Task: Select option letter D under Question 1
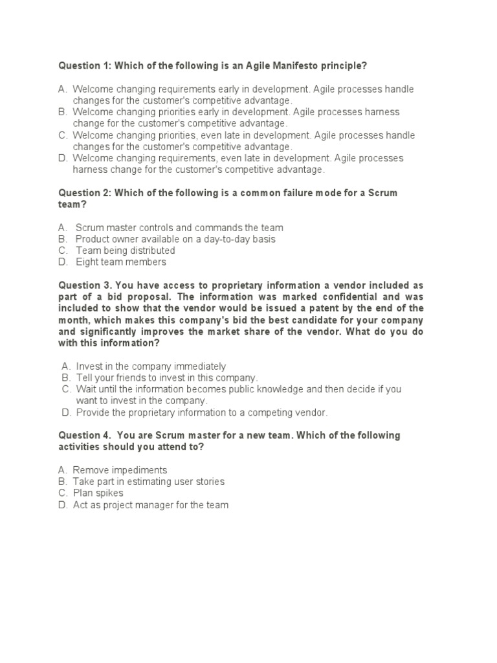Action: (x=63, y=158)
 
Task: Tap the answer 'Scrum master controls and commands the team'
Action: (x=179, y=227)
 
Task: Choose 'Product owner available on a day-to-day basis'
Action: (x=175, y=239)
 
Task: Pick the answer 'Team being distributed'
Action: (x=126, y=251)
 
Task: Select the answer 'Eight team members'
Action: (x=121, y=262)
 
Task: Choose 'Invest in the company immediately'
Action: (x=151, y=366)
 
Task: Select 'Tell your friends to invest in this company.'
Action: (x=167, y=377)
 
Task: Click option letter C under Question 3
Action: (x=66, y=389)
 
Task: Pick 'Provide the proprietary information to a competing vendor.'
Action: (x=202, y=412)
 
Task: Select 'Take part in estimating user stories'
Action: (x=149, y=482)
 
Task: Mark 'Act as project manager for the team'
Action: (x=151, y=505)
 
